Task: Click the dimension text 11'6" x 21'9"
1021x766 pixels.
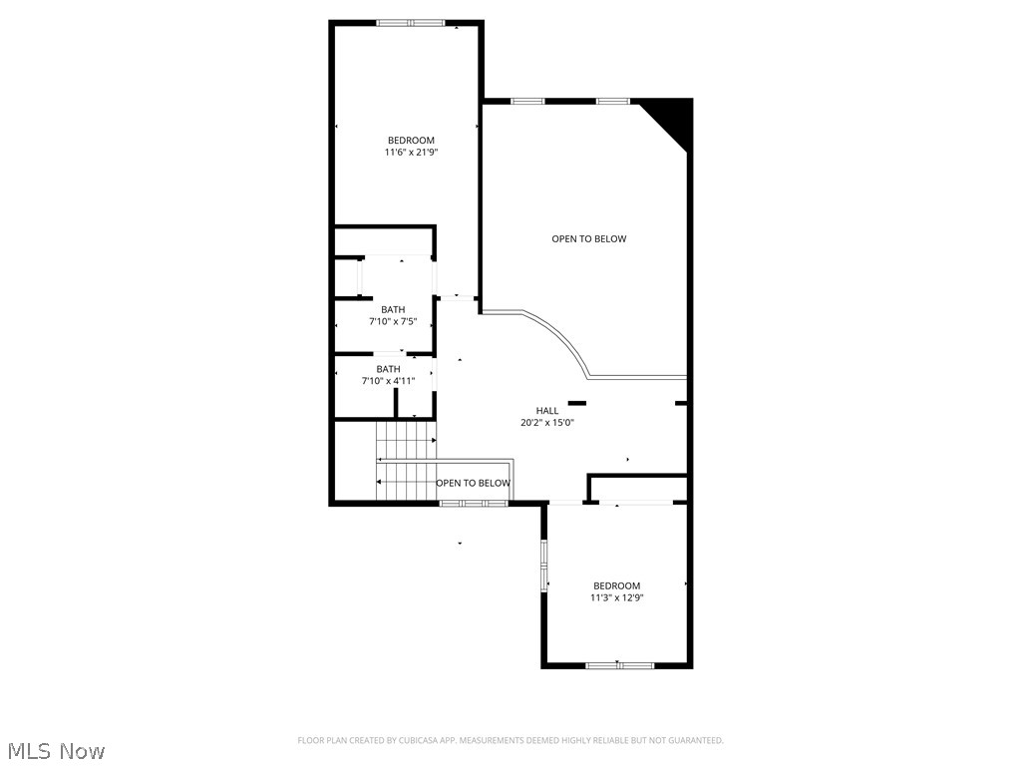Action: point(411,153)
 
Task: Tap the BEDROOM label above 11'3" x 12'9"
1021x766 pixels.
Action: point(616,585)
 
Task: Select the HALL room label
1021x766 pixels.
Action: point(547,410)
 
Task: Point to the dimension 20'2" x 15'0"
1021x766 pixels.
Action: point(547,423)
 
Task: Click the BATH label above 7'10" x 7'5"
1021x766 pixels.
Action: point(393,309)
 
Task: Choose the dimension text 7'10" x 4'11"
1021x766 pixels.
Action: point(388,381)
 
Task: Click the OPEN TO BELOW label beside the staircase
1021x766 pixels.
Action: point(473,484)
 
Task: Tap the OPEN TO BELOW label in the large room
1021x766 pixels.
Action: point(588,239)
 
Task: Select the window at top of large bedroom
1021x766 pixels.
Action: point(411,23)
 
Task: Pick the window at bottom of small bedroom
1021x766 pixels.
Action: point(619,665)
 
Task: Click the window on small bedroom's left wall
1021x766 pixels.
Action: point(544,566)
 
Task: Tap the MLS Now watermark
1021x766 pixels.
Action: point(55,750)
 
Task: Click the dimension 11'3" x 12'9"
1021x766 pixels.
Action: point(616,598)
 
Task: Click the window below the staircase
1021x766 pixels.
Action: point(475,504)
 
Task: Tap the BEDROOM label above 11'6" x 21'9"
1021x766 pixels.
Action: point(411,140)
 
